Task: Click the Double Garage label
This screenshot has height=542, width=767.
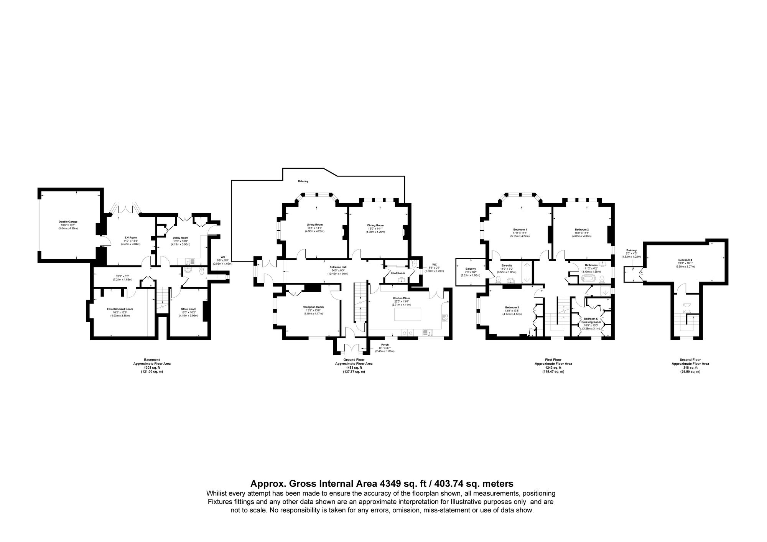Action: click(x=68, y=222)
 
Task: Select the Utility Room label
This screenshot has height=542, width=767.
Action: click(x=180, y=237)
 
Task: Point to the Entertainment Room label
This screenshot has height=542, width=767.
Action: click(x=120, y=309)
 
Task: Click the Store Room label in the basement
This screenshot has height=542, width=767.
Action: click(x=188, y=309)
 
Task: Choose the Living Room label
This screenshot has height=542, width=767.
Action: click(x=314, y=225)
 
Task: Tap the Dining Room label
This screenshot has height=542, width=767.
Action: click(x=375, y=226)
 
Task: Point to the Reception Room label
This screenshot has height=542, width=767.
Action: click(x=313, y=307)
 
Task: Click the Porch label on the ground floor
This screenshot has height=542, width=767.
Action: click(x=384, y=344)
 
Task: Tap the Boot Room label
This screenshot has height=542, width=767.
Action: click(x=398, y=273)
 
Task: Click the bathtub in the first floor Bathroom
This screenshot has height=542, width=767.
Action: click(x=588, y=278)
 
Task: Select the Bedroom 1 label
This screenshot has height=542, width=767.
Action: click(x=520, y=229)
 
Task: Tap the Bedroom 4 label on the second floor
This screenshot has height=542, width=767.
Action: click(x=685, y=260)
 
